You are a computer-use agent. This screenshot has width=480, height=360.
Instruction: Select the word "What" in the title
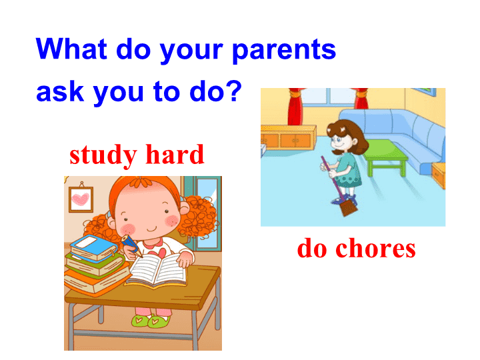[71, 48]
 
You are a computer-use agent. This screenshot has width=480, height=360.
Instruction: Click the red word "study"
[103, 155]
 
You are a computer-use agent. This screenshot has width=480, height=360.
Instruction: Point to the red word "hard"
[175, 154]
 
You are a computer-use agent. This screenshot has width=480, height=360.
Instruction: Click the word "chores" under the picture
[375, 248]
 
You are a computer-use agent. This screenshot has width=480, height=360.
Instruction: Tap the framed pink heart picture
[81, 199]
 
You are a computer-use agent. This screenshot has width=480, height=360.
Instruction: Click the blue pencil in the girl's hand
[131, 246]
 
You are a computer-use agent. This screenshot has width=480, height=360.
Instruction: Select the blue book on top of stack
[94, 247]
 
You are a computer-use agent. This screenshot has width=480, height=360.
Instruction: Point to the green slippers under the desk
[151, 321]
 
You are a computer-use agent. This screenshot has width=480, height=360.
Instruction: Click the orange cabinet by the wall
[289, 137]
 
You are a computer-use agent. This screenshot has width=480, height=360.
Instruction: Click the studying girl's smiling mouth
[152, 229]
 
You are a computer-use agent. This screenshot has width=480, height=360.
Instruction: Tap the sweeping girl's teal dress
[349, 170]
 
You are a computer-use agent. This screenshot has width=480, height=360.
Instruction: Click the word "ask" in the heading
[60, 92]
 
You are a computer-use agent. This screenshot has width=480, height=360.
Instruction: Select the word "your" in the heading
[191, 51]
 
